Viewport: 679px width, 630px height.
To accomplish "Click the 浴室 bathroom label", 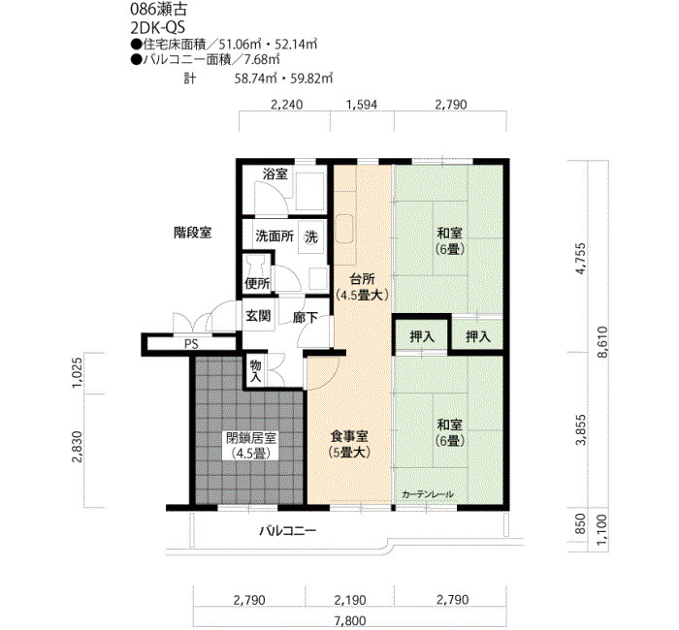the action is click(275, 173).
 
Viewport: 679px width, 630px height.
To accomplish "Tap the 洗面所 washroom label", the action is click(275, 236).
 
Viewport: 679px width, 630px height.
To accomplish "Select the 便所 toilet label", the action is click(257, 283).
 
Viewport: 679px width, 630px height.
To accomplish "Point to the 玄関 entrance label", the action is click(258, 315).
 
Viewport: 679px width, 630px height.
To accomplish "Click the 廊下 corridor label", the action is click(306, 318).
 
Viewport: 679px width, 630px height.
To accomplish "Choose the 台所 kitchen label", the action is click(362, 278).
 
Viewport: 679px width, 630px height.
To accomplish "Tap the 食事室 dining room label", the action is click(349, 434).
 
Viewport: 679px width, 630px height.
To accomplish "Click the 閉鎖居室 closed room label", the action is click(251, 438).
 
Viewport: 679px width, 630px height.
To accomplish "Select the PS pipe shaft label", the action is click(191, 344).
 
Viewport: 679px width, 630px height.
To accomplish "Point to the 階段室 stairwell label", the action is click(193, 233).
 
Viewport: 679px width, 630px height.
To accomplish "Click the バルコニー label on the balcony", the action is click(288, 530).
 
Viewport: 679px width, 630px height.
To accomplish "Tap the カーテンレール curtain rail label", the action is click(428, 494).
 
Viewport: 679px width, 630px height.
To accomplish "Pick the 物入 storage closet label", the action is click(255, 371).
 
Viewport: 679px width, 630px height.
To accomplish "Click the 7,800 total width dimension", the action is click(350, 620).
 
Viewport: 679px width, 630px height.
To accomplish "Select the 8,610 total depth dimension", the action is click(602, 341).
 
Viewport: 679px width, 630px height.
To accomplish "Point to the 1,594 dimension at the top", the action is click(362, 105).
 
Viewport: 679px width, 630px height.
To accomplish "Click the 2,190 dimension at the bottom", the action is click(350, 600).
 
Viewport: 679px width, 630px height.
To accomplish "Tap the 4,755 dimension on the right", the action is click(580, 259).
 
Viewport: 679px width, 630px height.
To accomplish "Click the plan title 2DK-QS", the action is click(157, 28).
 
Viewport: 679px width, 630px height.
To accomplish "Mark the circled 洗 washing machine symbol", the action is click(311, 236).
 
